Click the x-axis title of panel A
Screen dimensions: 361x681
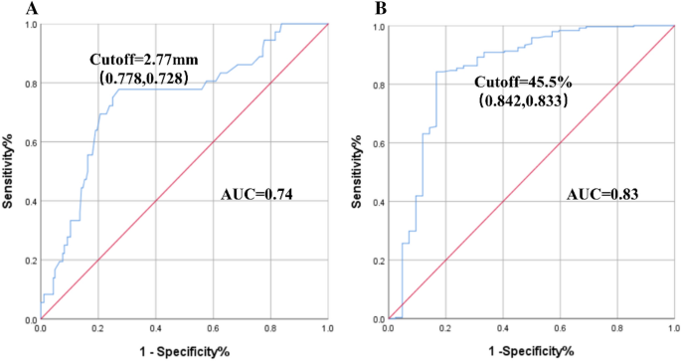click(184, 351)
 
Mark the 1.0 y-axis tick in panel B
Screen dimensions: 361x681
click(368, 27)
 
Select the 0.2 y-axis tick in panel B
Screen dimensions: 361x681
click(368, 261)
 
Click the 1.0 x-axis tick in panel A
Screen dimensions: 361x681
click(327, 328)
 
